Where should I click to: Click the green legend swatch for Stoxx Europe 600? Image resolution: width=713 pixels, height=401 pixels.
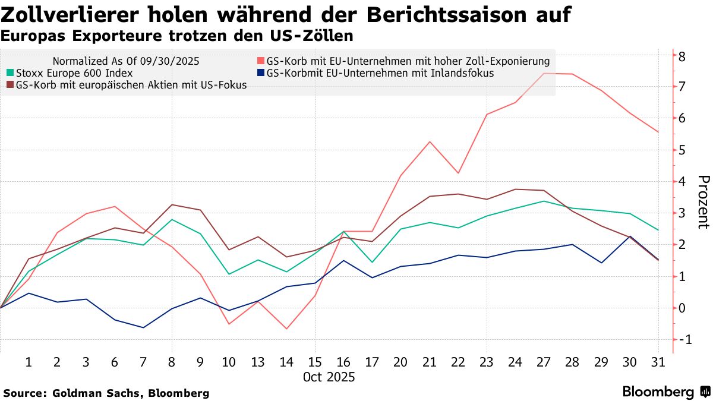pyautogui.click(x=10, y=73)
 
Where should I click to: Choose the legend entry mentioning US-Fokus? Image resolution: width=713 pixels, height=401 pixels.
pyautogui.click(x=131, y=85)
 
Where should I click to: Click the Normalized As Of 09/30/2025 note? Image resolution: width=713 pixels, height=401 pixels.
pyautogui.click(x=126, y=61)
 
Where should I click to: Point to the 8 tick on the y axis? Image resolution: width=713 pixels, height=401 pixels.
pyautogui.click(x=683, y=56)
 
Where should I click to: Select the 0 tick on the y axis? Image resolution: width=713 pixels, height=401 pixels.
pyautogui.click(x=683, y=308)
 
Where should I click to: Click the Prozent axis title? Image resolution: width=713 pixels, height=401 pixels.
pyautogui.click(x=703, y=202)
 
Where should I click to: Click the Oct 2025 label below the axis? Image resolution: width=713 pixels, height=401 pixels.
pyautogui.click(x=329, y=377)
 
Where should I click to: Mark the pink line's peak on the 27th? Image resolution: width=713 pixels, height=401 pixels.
pyautogui.click(x=543, y=73)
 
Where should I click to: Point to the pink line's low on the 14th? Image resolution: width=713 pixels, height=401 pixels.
pyautogui.click(x=286, y=329)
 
